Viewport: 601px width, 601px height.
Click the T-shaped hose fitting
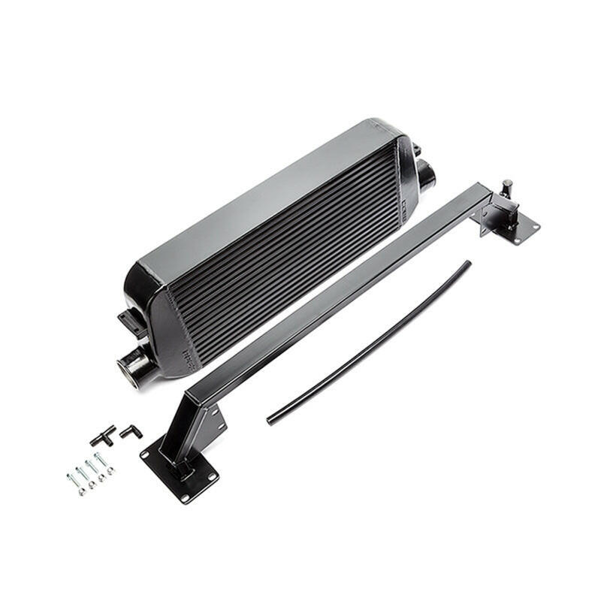pos(102,435)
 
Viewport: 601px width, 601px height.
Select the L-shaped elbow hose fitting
pos(130,430)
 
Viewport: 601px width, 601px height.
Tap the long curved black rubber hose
pos(368,343)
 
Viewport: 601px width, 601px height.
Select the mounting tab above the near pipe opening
pos(131,323)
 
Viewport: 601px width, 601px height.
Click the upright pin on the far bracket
pos(507,187)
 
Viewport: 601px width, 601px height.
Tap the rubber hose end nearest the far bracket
pos(467,264)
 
